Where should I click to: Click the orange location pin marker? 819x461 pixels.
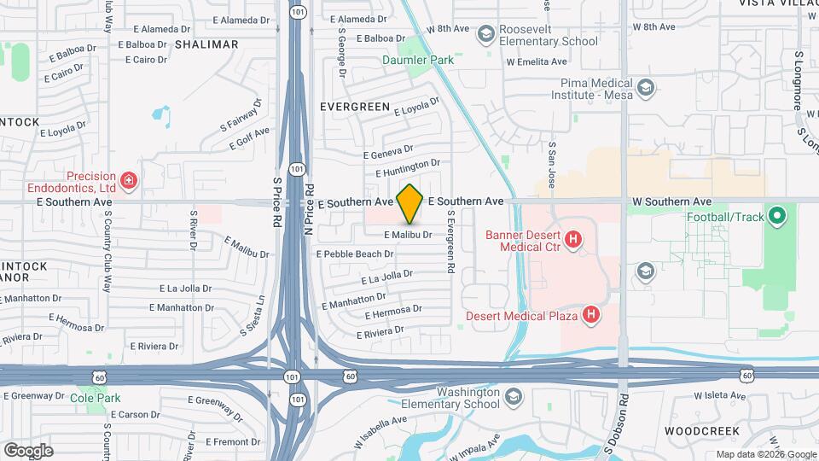point(410,203)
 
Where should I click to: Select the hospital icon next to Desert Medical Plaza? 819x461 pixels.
point(590,316)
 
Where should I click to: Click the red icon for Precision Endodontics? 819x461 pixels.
point(128,180)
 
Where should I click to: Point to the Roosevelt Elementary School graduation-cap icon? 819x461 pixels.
point(486,34)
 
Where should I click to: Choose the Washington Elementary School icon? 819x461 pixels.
point(513,397)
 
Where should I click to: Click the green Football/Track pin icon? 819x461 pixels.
point(776,215)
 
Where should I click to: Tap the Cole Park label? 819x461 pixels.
point(95,398)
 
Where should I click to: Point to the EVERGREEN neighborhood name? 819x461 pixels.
point(354,108)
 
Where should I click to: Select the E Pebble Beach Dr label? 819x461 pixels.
point(355,254)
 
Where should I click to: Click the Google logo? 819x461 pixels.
point(28,450)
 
